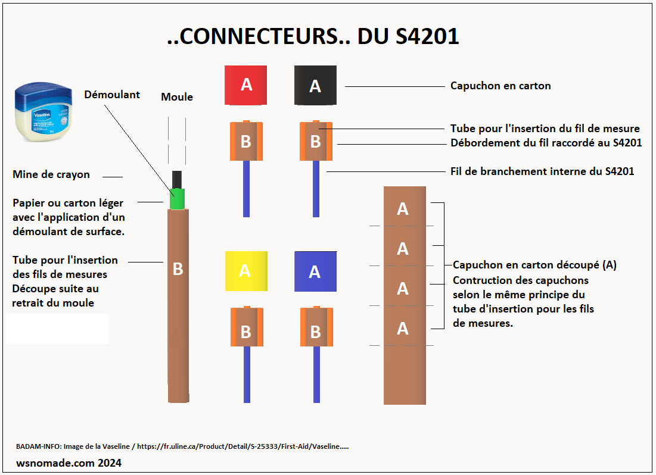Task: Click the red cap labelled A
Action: point(245,85)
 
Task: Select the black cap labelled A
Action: point(316,86)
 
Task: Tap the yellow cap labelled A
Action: point(245,271)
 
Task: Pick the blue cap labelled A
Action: point(315,271)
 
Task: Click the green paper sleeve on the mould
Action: point(177,199)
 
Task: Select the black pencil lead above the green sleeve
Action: point(177,179)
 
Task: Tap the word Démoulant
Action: point(112,95)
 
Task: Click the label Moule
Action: point(177,96)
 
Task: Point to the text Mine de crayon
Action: point(51,174)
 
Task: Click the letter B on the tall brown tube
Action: point(178,269)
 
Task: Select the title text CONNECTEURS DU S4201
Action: point(313,37)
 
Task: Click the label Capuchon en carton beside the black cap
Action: point(500,86)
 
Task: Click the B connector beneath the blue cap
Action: point(316,327)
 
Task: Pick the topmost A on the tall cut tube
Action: point(403,209)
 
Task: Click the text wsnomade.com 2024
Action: point(69,462)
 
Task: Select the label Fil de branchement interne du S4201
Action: point(542,171)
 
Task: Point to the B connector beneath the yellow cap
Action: point(246,327)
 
